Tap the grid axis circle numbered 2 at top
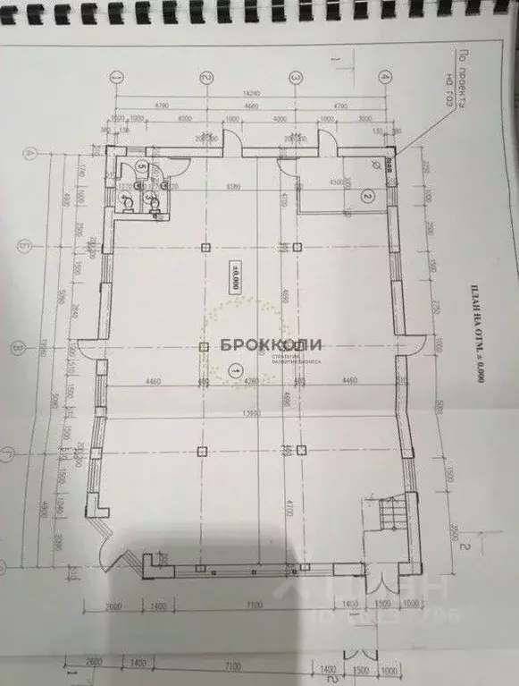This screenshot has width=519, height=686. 205,79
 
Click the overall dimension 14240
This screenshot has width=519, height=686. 253,93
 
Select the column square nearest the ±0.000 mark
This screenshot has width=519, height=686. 205,247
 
